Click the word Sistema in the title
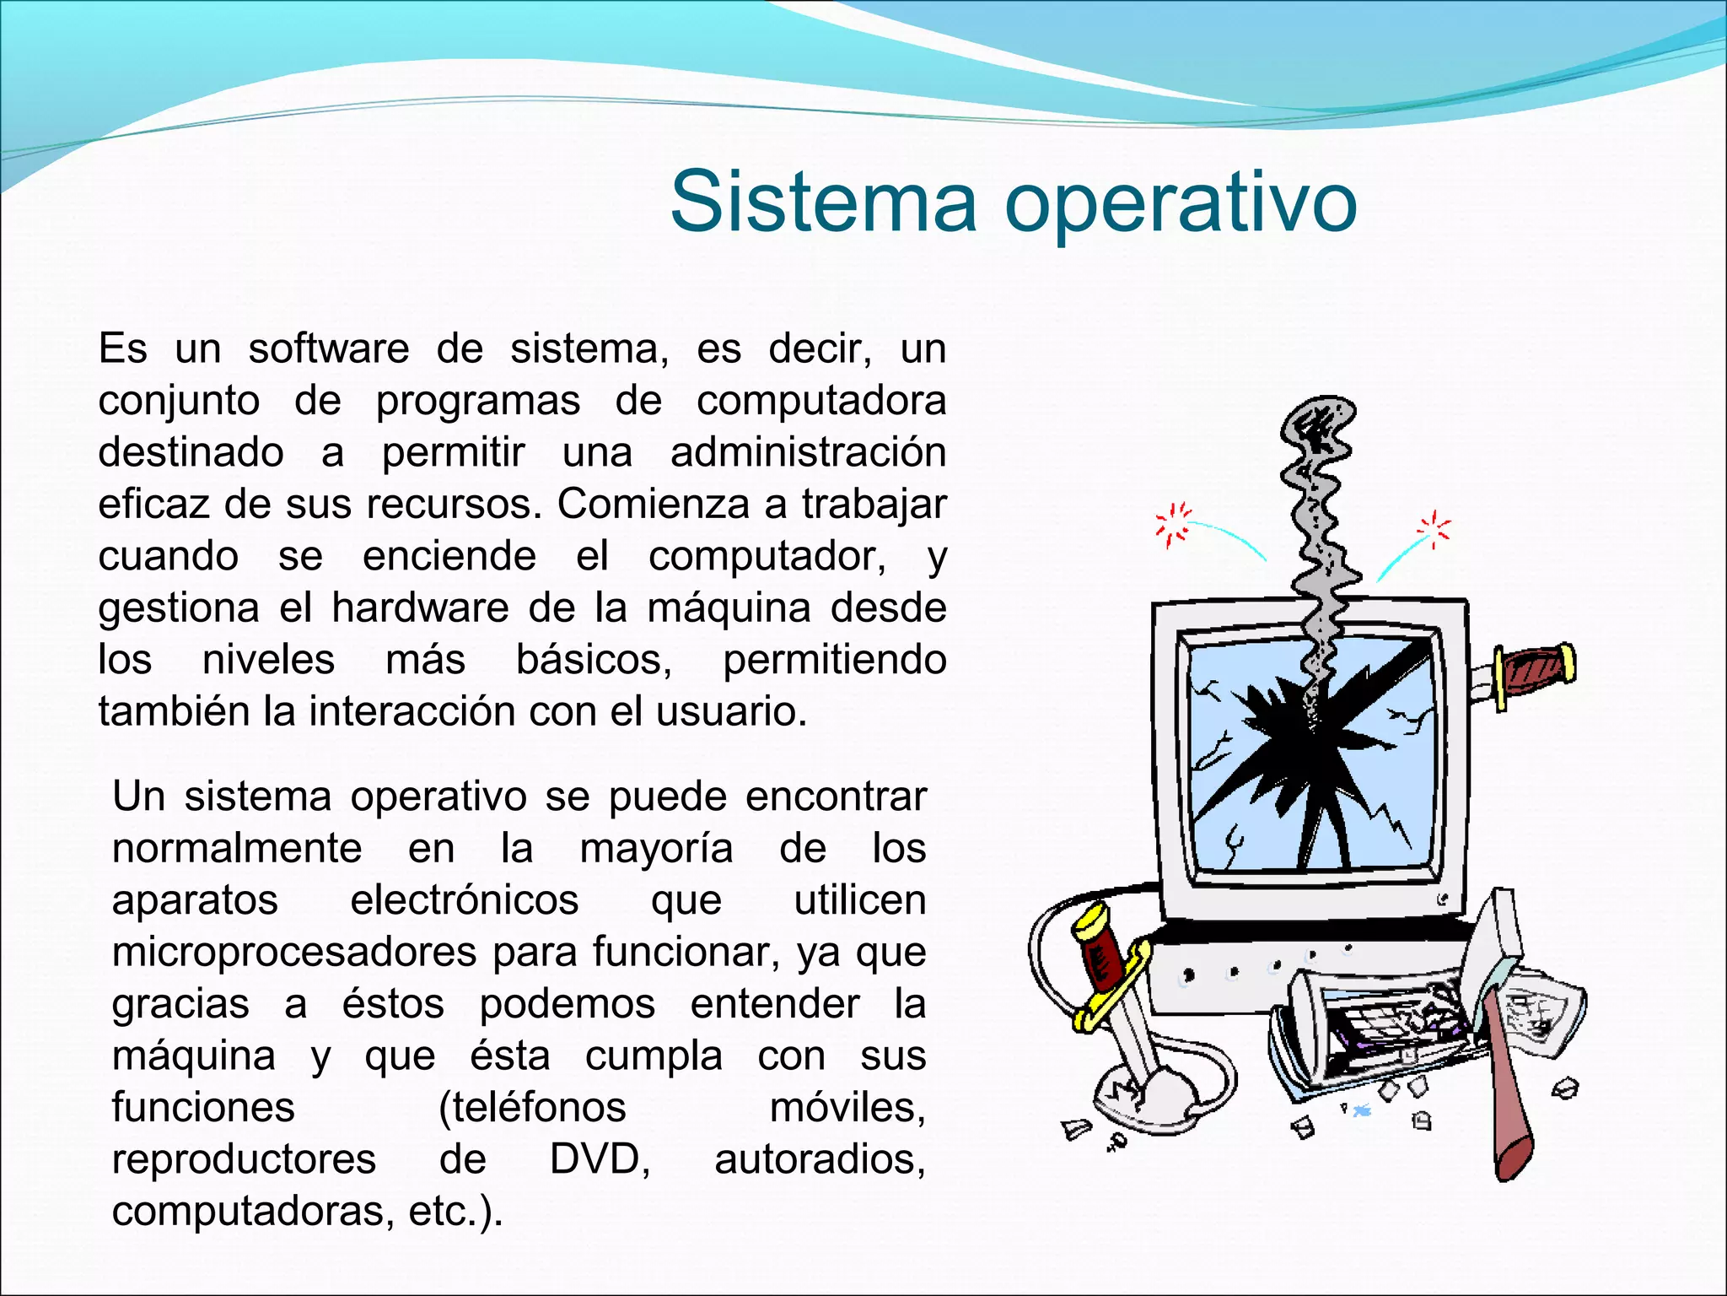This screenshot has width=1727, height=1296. (823, 202)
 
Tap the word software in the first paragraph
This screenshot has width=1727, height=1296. (329, 348)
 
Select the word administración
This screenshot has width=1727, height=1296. (808, 452)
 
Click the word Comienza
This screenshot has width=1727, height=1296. (654, 505)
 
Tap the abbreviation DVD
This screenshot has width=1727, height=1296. (600, 1159)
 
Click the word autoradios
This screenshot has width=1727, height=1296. (820, 1159)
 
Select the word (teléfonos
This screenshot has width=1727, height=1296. (532, 1107)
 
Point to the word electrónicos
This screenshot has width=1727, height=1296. (464, 900)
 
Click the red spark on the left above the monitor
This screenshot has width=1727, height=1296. (1173, 524)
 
